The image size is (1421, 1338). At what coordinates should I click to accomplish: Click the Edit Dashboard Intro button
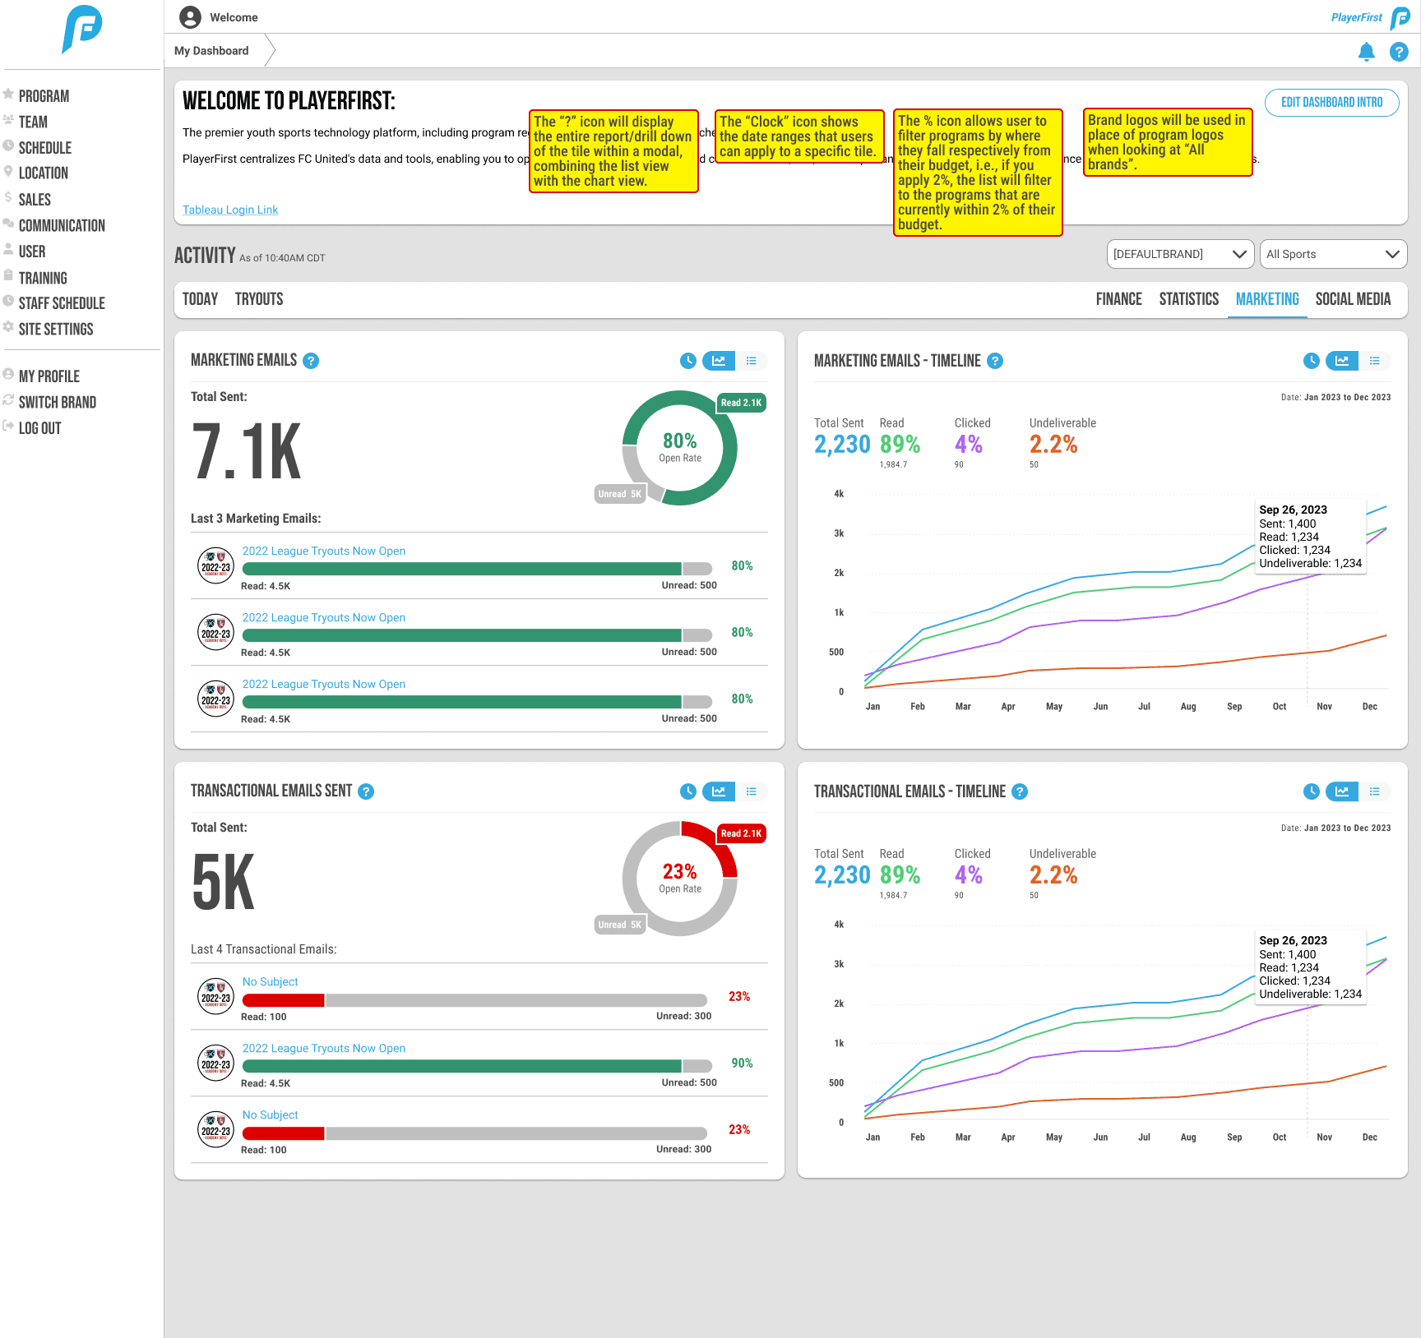pos(1331,103)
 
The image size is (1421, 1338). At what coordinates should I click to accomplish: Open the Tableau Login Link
pos(230,210)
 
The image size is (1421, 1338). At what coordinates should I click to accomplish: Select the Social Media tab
pos(1352,299)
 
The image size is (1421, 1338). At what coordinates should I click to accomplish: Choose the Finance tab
pos(1118,299)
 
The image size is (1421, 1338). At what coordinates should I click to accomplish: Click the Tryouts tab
pos(259,299)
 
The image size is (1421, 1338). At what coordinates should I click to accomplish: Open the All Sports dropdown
pos(1332,255)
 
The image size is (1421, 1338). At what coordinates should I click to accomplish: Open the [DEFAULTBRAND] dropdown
pos(1179,255)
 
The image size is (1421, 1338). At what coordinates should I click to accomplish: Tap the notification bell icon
pos(1366,52)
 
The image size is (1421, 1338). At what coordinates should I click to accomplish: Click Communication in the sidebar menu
pos(62,226)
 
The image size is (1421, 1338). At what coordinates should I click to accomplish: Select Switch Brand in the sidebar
pos(57,403)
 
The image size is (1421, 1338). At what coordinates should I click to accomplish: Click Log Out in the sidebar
pos(39,428)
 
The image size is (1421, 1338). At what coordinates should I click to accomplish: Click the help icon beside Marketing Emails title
pos(311,361)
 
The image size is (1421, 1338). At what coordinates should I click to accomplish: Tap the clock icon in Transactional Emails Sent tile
pos(688,791)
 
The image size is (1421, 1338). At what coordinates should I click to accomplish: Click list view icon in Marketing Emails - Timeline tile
pos(1374,361)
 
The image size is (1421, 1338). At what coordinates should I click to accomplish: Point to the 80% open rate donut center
pos(680,447)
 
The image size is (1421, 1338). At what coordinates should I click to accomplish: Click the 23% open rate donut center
pos(680,878)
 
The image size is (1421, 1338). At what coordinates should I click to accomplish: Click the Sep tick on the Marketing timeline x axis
pos(1234,707)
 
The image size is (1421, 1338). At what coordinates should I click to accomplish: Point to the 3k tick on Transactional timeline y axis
pos(839,964)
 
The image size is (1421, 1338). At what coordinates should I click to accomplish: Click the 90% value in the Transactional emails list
pos(742,1063)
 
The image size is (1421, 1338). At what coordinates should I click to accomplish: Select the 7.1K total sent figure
pos(247,451)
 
